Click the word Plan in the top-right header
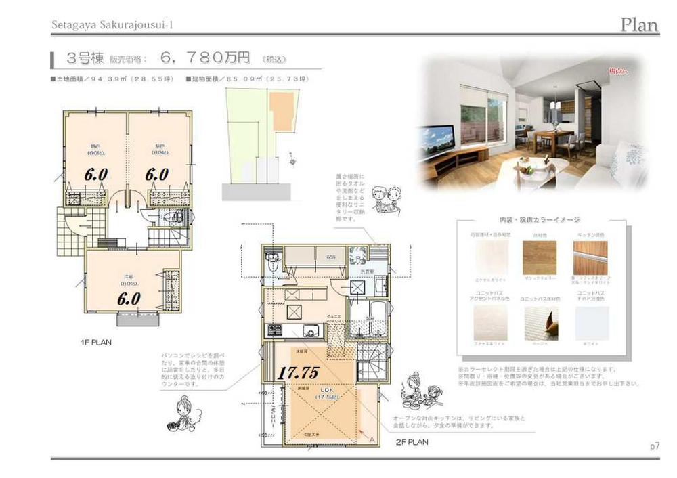point(639,26)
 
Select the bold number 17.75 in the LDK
point(299,372)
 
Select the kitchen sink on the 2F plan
point(311,331)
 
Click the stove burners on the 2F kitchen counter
point(276,330)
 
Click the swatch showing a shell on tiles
point(540,323)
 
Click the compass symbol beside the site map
point(292,160)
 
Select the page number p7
point(654,447)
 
